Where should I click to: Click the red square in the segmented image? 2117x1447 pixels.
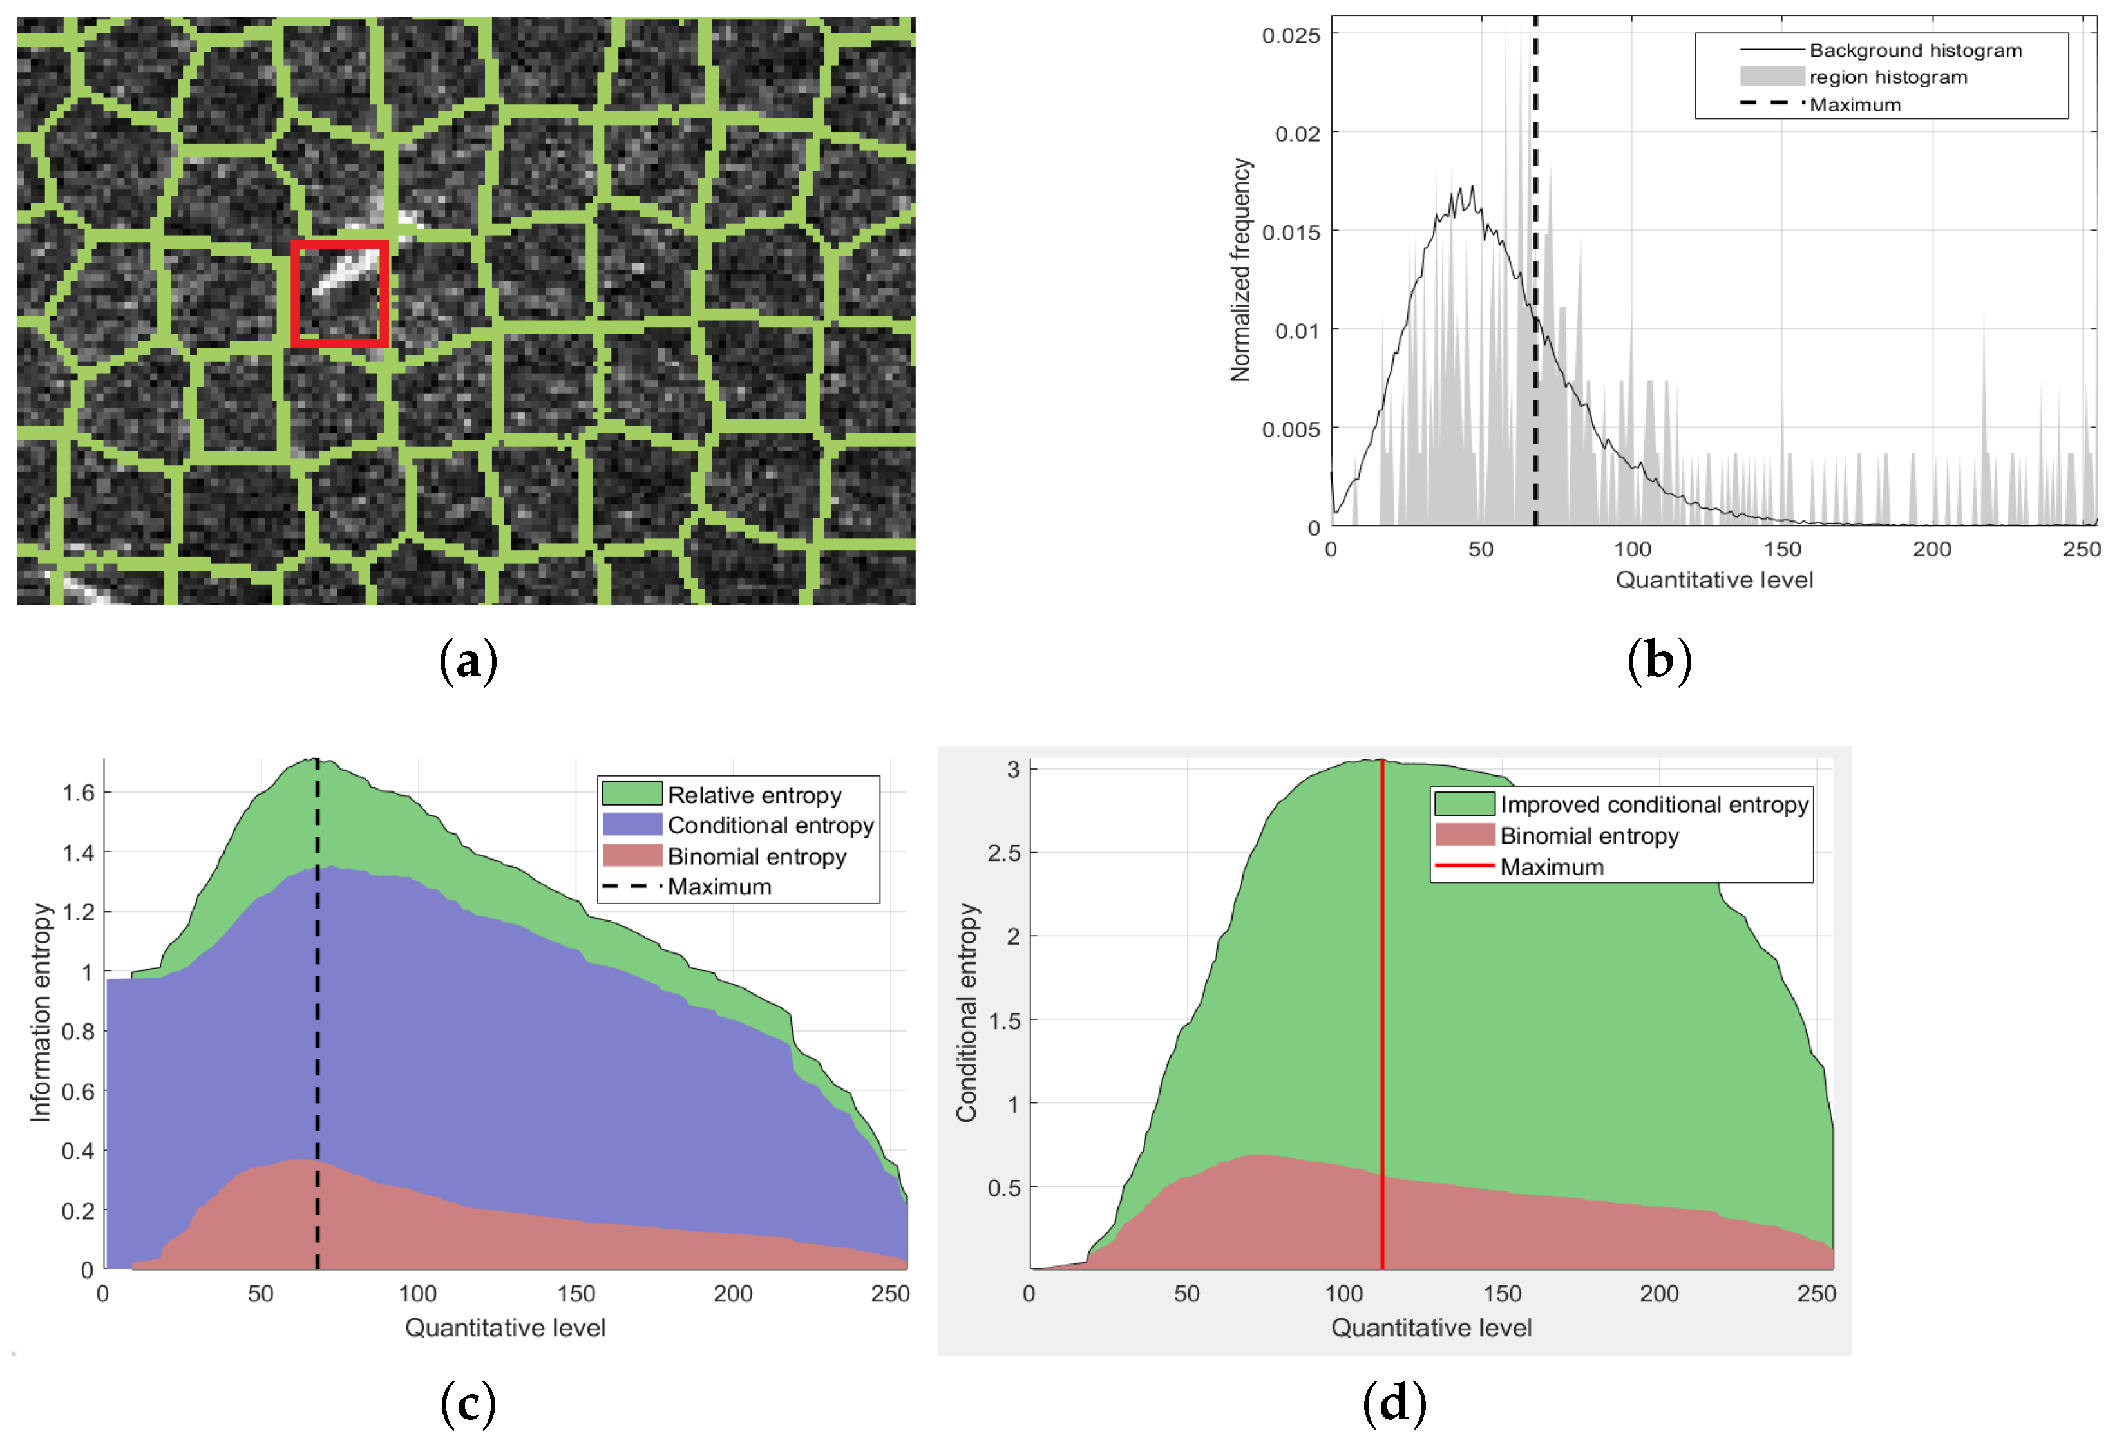(x=340, y=293)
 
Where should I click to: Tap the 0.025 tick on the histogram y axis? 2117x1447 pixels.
(x=1290, y=35)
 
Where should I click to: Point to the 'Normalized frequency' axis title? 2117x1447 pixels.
(x=1240, y=270)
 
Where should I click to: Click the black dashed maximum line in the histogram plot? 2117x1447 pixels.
(x=1535, y=273)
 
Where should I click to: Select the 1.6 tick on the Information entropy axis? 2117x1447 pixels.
(x=79, y=792)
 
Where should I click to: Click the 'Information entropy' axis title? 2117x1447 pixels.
(x=41, y=1012)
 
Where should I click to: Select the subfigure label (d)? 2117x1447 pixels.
(x=1394, y=1403)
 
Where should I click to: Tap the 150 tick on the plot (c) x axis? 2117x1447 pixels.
(x=576, y=1294)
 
